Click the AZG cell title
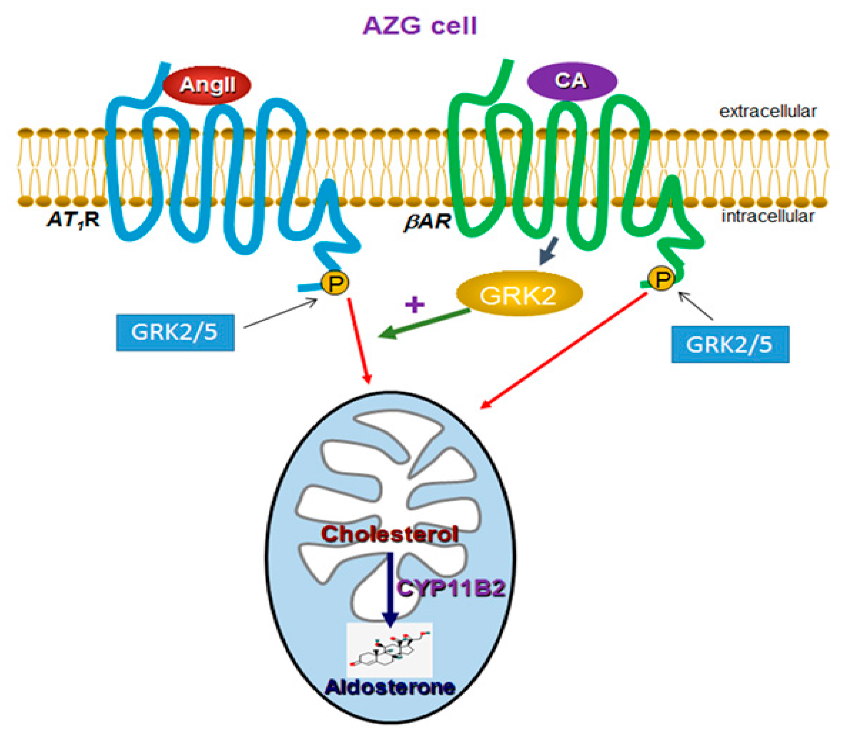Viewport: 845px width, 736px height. pos(420,26)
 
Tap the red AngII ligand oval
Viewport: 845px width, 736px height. pos(207,85)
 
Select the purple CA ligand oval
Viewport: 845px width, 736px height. pos(572,81)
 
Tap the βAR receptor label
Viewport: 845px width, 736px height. pos(428,222)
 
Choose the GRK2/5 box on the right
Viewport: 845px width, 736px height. pos(730,344)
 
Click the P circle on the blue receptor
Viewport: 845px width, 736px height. pos(335,282)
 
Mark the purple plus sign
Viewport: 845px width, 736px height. pos(415,304)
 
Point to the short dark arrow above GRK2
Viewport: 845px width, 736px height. pos(549,251)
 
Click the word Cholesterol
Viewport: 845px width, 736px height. pos(389,534)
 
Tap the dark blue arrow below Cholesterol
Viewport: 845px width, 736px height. pos(390,587)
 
